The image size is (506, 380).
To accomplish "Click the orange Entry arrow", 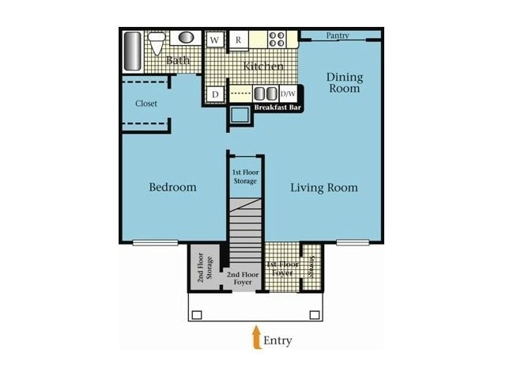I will click(x=256, y=338).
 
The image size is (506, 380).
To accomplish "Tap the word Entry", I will click(x=278, y=341).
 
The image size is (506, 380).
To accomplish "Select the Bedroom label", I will click(x=172, y=188).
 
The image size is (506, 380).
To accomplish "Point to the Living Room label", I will click(x=323, y=188).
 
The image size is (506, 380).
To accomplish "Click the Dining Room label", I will click(x=345, y=82).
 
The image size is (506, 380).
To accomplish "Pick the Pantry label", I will click(x=337, y=36).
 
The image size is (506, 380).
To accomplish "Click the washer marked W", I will click(x=213, y=40).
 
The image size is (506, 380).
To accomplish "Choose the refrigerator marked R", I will click(x=237, y=40).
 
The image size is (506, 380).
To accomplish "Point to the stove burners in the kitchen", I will click(x=276, y=39).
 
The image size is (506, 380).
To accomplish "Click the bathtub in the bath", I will click(x=133, y=51).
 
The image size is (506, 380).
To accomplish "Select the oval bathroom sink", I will click(x=186, y=37).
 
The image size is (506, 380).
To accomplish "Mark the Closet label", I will click(x=146, y=104).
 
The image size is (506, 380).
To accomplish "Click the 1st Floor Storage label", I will click(x=245, y=177).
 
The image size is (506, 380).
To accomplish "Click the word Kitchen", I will click(x=263, y=66).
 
